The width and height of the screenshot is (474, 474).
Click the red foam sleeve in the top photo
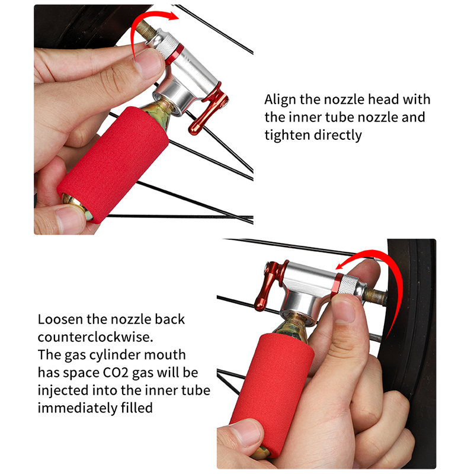(113, 165)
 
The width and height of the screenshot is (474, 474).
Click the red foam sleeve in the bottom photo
(271, 393)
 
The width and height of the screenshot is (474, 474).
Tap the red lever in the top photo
(209, 110)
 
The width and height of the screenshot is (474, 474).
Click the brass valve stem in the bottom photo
(375, 297)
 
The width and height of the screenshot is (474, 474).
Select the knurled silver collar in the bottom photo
(348, 285)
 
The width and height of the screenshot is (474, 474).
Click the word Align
(280, 100)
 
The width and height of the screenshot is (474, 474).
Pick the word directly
(337, 135)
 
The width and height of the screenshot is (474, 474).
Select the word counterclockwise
(95, 337)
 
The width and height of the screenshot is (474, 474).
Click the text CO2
(116, 373)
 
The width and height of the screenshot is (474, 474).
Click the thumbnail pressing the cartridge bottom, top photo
(70, 218)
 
